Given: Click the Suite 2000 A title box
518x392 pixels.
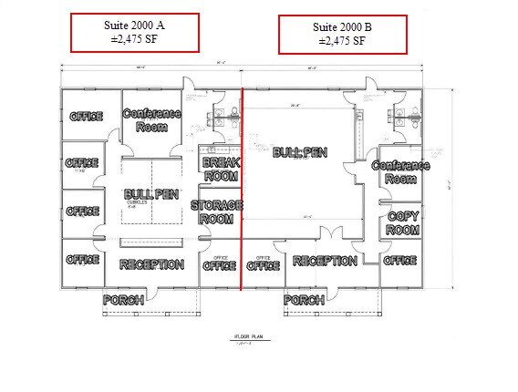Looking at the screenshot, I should pos(136,33).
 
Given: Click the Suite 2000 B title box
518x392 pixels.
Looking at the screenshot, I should pos(343,34).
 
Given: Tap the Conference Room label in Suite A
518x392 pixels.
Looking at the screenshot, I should pos(151,120).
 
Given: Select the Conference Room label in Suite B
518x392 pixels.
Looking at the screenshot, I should pos(400,171).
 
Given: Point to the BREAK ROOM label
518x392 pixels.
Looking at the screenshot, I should pos(221,169).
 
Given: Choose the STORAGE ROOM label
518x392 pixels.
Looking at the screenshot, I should pos(218,212).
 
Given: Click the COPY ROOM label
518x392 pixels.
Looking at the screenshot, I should pos(403,222).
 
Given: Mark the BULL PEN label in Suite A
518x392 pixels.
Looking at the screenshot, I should pos(151,194).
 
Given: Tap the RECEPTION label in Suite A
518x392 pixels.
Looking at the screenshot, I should pos(151,264).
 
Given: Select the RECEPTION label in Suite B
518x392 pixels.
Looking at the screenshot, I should pos(324,262).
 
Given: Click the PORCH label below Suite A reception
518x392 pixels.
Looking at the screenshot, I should pos(125,300).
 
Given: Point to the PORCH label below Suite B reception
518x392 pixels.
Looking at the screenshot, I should pos(305,300).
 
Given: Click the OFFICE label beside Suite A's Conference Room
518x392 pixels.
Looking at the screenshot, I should pos(85,117).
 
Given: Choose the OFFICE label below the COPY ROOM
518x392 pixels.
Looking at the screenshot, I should pos(399,261).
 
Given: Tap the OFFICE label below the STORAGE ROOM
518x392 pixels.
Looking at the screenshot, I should pos(219,266).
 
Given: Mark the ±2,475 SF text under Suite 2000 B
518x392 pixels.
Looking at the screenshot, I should pos(343,41).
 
